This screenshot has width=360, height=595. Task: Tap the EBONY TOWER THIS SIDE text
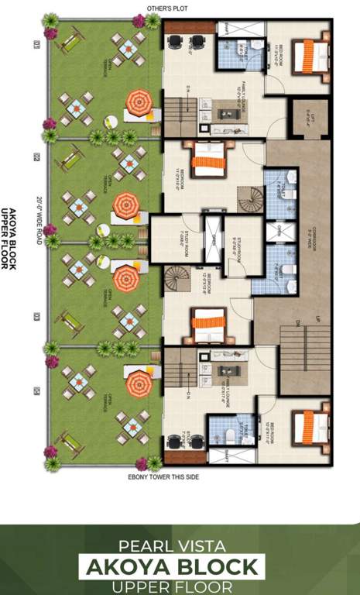(x=163, y=477)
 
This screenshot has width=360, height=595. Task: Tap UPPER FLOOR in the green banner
(x=180, y=584)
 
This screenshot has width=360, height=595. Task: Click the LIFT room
(x=307, y=119)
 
